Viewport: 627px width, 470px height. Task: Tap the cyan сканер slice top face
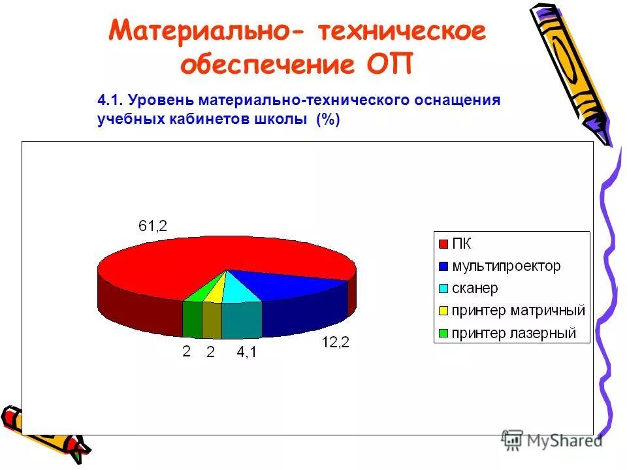240,292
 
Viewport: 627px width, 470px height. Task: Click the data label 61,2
153,226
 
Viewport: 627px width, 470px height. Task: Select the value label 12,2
335,342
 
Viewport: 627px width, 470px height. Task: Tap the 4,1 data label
247,352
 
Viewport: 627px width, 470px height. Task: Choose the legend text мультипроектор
506,266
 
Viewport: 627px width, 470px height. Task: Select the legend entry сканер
475,289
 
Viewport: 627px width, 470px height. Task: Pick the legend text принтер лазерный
514,334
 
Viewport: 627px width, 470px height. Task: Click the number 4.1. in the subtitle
110,101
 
